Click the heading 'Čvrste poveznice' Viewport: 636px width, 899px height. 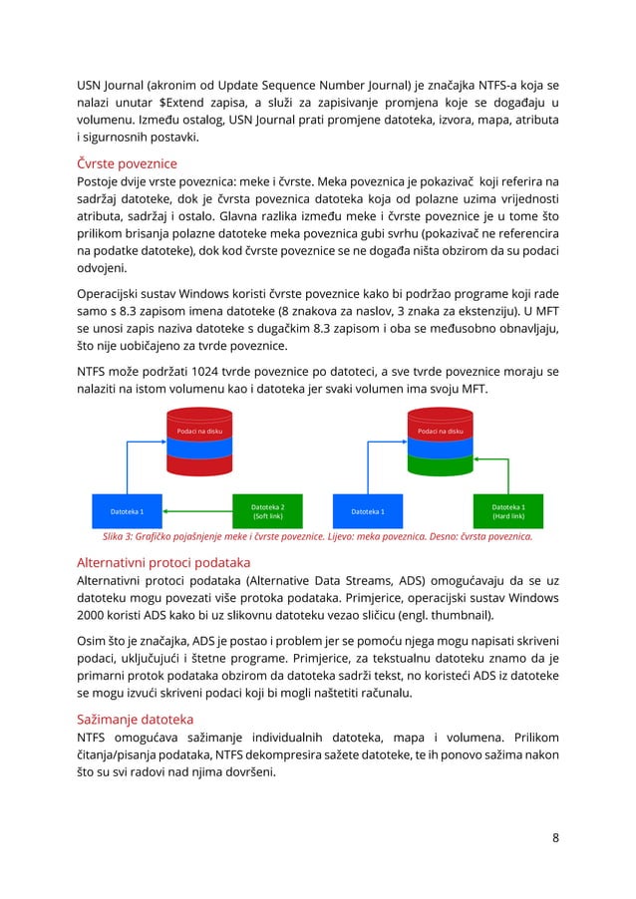tap(128, 162)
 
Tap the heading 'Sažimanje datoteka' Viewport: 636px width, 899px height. tap(136, 719)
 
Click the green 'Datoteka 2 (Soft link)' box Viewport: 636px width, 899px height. tap(267, 511)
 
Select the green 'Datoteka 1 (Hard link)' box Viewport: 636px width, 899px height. tap(508, 511)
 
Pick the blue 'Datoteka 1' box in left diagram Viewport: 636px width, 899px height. tap(127, 512)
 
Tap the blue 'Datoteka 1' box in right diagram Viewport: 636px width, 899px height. tap(368, 512)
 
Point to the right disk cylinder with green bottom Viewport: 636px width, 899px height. tap(440, 446)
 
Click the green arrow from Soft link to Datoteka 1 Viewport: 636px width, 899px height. tap(196, 512)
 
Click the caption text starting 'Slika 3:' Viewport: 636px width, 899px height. tap(311, 536)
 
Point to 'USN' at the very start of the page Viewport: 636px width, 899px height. tap(93, 83)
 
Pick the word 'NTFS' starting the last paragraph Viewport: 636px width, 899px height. tap(95, 738)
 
